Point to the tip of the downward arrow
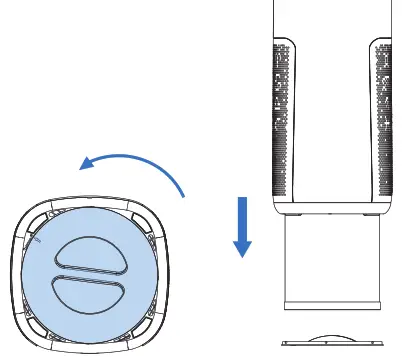point(240,255)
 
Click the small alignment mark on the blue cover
point(36,241)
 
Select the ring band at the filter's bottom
point(333,301)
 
